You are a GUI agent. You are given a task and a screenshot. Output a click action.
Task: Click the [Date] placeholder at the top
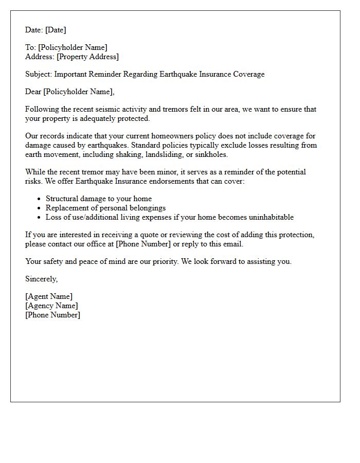[x=55, y=30]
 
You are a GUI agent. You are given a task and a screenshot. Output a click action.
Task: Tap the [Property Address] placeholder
[x=87, y=57]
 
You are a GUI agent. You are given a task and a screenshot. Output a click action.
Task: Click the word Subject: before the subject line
[x=39, y=74]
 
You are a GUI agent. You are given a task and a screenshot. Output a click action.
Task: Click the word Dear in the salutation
[x=33, y=92]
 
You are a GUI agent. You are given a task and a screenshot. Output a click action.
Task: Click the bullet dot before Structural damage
[x=40, y=199]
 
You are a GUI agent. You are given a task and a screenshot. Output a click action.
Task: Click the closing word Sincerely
[x=41, y=279]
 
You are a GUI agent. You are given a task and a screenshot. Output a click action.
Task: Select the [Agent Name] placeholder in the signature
[x=49, y=296]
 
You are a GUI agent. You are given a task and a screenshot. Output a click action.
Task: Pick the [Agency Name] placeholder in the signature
[x=51, y=306]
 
